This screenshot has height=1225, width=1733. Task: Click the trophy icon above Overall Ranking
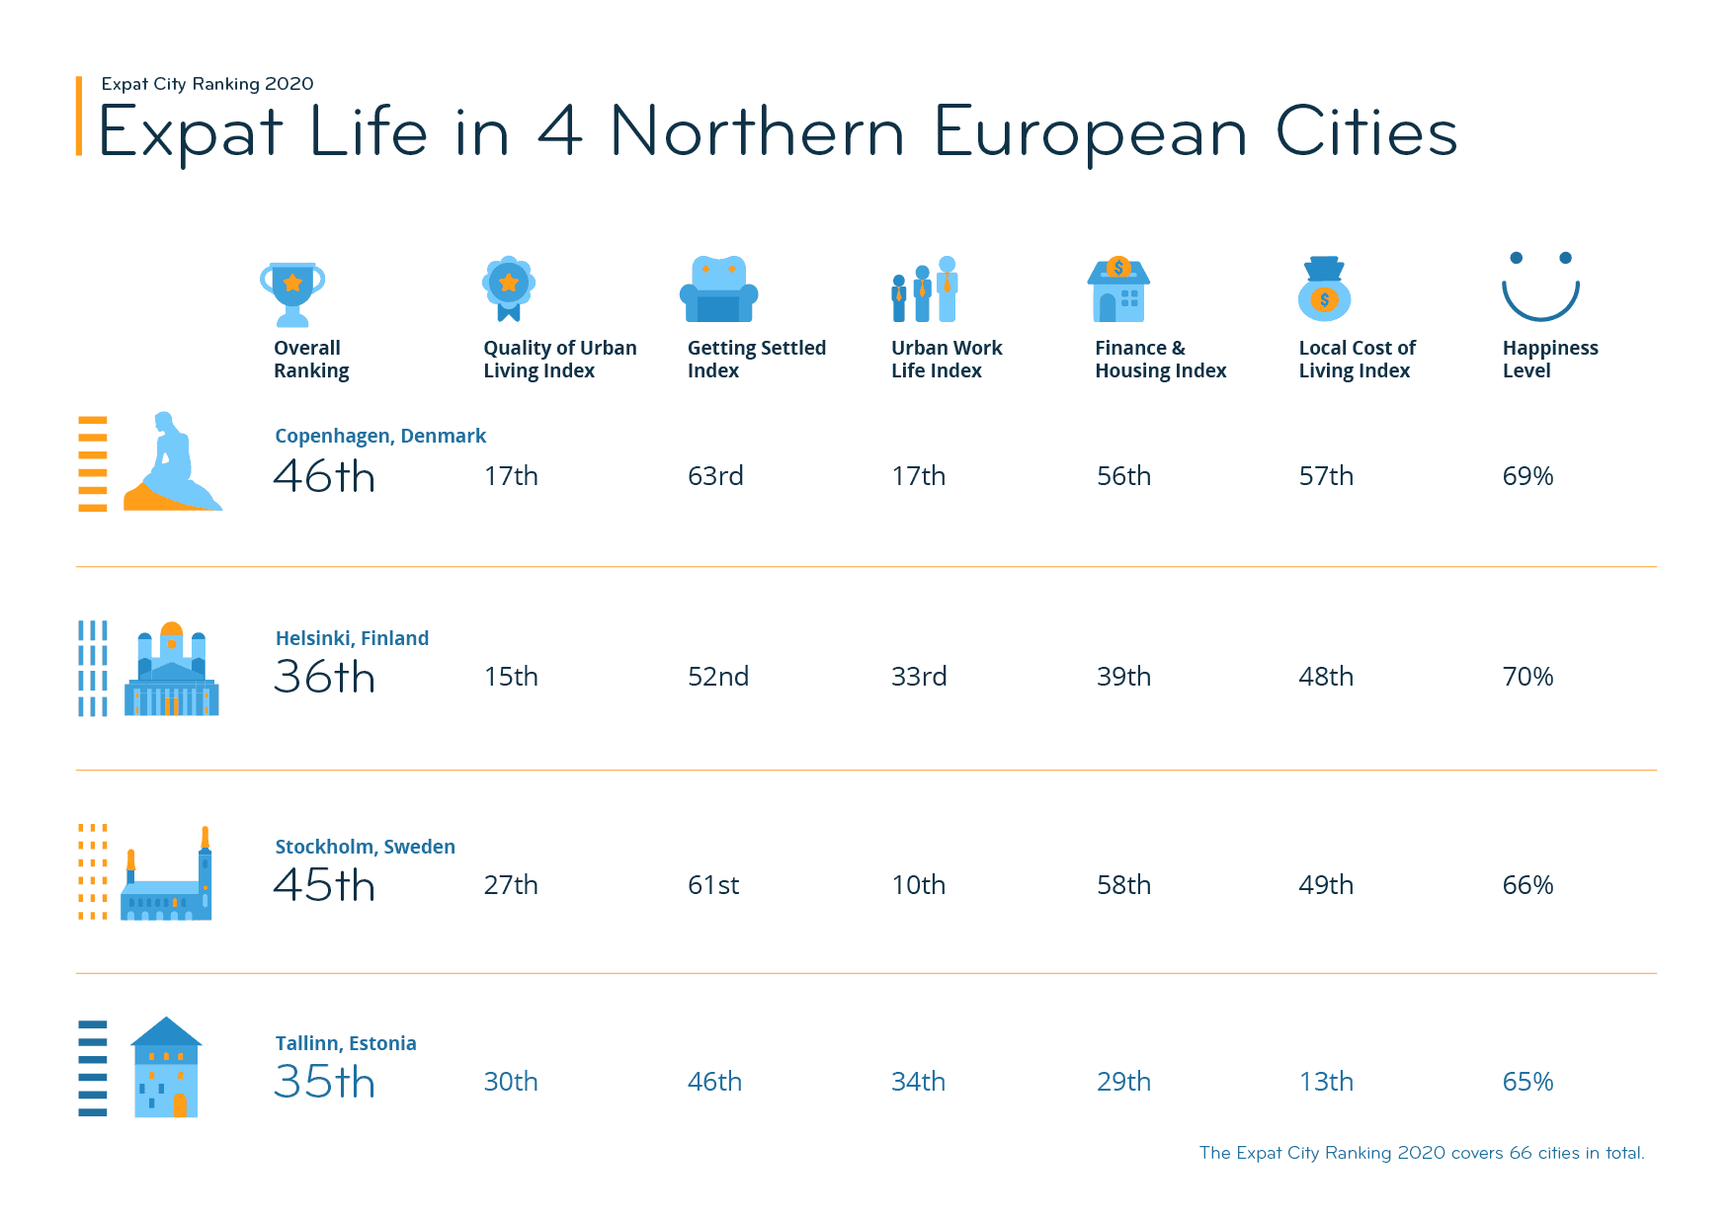(292, 292)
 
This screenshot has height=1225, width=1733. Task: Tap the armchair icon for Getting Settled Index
(718, 290)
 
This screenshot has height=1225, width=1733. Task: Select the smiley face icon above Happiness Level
(1540, 286)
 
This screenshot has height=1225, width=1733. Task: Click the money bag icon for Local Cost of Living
(1324, 290)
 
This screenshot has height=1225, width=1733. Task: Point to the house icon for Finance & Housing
(1118, 290)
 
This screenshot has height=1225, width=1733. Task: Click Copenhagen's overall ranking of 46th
(324, 477)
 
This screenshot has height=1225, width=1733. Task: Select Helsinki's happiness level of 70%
(1527, 677)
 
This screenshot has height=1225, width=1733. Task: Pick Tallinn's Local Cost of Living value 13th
(1326, 1082)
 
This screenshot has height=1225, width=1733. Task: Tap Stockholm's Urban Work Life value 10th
(918, 885)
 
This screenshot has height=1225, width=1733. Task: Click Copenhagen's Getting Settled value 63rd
(715, 476)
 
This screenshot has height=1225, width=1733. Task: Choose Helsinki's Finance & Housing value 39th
(1123, 677)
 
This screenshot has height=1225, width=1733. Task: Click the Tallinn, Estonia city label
(346, 1043)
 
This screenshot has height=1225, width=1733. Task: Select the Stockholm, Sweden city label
(365, 847)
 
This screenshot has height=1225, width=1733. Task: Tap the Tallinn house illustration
(166, 1068)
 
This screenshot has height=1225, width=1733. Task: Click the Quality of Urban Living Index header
(559, 360)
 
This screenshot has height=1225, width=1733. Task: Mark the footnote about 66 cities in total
(1421, 1153)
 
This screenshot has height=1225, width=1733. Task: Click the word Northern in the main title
(757, 132)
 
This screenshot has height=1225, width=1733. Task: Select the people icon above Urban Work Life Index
(925, 290)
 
